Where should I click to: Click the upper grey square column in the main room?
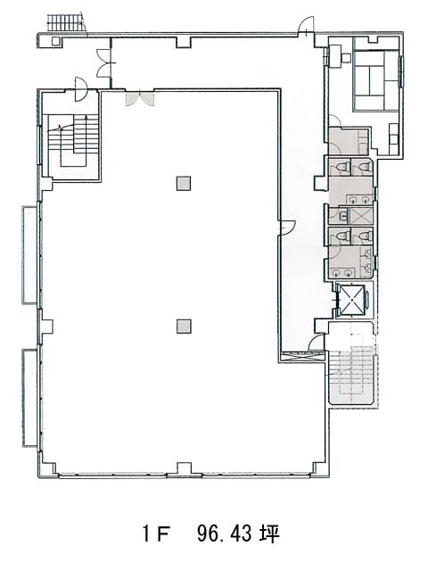[x=184, y=184]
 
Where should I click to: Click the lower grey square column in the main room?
[x=184, y=327]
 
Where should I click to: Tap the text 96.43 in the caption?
[x=224, y=534]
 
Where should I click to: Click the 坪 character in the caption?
[x=269, y=534]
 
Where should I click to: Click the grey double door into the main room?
[x=140, y=99]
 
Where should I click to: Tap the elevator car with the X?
[x=351, y=300]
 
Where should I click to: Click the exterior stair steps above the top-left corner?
[x=66, y=22]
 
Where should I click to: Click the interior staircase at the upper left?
[x=73, y=141]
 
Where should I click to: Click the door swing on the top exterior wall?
[x=306, y=26]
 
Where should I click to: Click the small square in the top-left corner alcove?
[x=55, y=41]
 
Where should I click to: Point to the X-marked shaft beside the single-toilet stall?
[x=361, y=216]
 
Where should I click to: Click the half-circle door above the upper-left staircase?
[x=80, y=89]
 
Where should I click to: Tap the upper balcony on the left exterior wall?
[x=29, y=255]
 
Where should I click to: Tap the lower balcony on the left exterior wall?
[x=29, y=398]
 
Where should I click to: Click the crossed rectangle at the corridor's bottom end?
[x=301, y=357]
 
